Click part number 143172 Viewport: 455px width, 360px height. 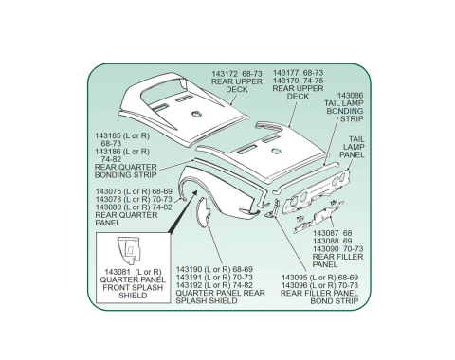point(225,74)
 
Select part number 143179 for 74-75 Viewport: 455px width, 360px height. point(285,81)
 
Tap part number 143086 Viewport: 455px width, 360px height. point(351,96)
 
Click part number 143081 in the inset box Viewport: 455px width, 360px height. point(118,272)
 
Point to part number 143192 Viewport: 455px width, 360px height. point(189,285)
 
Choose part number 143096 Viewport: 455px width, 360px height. point(294,285)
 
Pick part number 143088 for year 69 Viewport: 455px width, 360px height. point(325,241)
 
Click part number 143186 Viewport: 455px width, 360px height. point(108,152)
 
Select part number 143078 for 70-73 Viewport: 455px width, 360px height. point(108,199)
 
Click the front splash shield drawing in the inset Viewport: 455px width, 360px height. point(129,250)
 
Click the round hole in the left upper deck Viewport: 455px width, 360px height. point(196,114)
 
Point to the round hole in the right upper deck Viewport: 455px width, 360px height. point(277,152)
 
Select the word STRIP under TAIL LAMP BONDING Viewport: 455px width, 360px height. point(352,119)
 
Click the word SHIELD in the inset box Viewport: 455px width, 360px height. point(133,296)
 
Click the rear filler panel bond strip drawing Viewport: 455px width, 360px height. point(273,208)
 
